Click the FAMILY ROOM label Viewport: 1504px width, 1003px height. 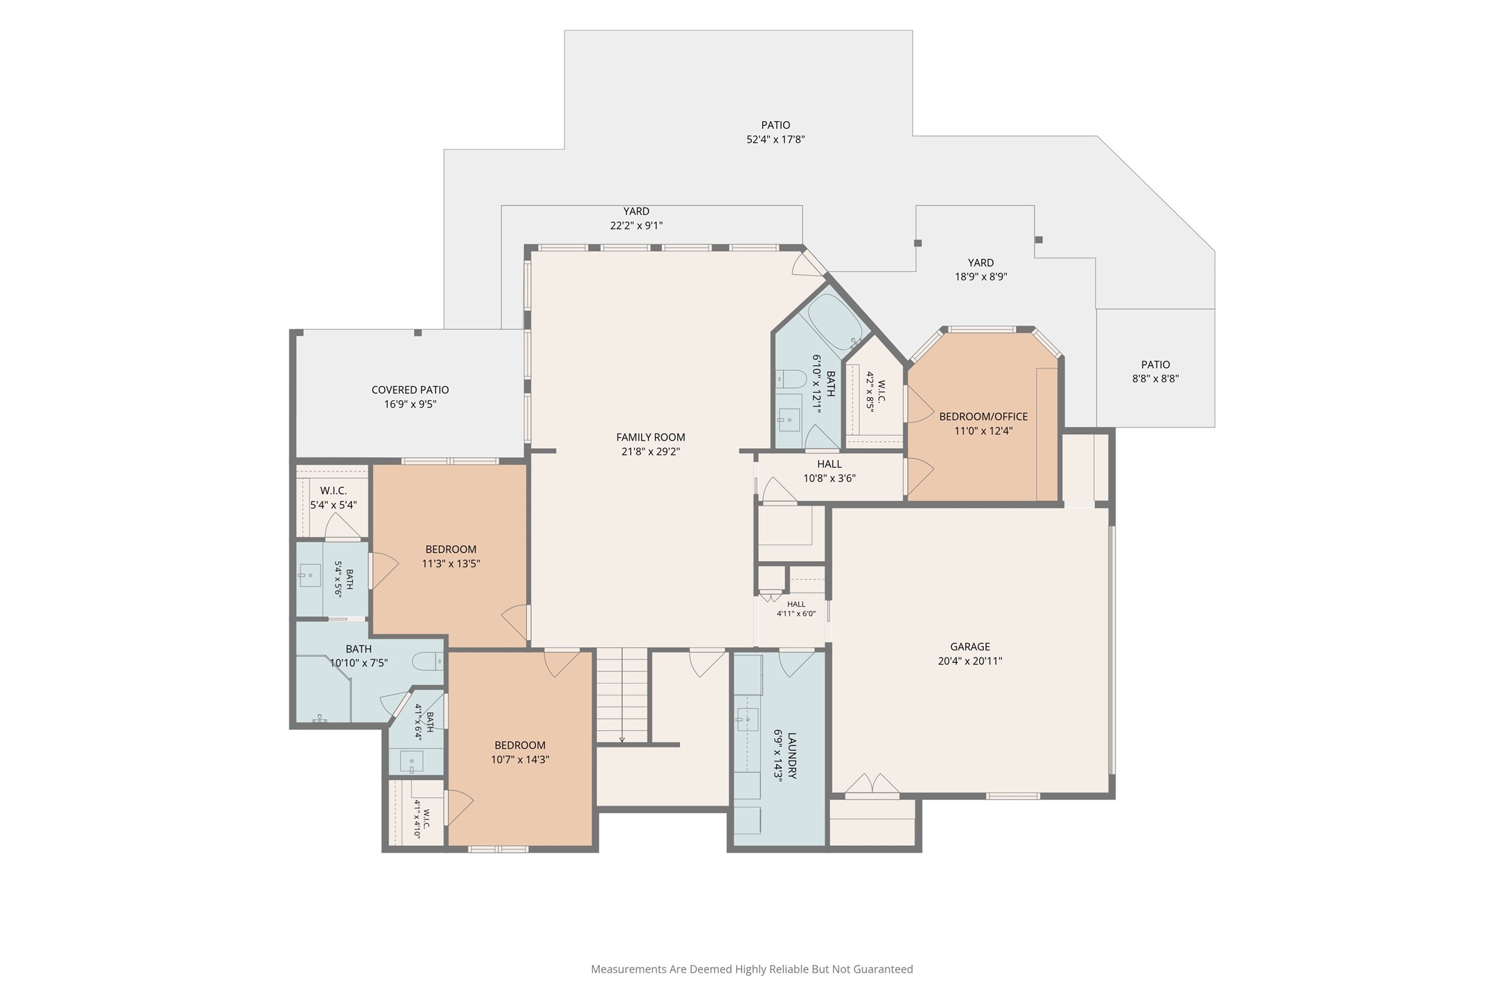pyautogui.click(x=651, y=437)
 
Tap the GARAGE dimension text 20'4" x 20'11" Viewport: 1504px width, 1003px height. pyautogui.click(x=970, y=661)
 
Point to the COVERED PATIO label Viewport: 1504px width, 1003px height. pyautogui.click(x=411, y=390)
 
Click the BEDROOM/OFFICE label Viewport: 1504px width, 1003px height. pyautogui.click(x=983, y=416)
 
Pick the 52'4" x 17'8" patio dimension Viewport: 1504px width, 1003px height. pyautogui.click(x=776, y=139)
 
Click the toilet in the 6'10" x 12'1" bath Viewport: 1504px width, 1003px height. pyautogui.click(x=791, y=378)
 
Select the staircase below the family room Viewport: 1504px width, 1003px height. pyautogui.click(x=622, y=695)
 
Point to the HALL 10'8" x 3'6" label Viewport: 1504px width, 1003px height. pyautogui.click(x=830, y=471)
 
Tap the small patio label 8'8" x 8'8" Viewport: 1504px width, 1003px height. pyautogui.click(x=1156, y=371)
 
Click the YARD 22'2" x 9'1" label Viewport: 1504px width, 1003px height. pyautogui.click(x=636, y=218)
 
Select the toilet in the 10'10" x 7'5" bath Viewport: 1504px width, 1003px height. pyautogui.click(x=428, y=662)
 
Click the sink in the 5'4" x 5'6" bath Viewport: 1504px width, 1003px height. pyautogui.click(x=310, y=575)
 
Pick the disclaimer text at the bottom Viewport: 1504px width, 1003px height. pyautogui.click(x=752, y=969)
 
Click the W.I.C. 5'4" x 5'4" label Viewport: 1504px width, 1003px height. pyautogui.click(x=334, y=497)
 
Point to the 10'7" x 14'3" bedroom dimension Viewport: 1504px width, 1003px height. pyautogui.click(x=520, y=759)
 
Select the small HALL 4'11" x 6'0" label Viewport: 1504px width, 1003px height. pyautogui.click(x=796, y=609)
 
